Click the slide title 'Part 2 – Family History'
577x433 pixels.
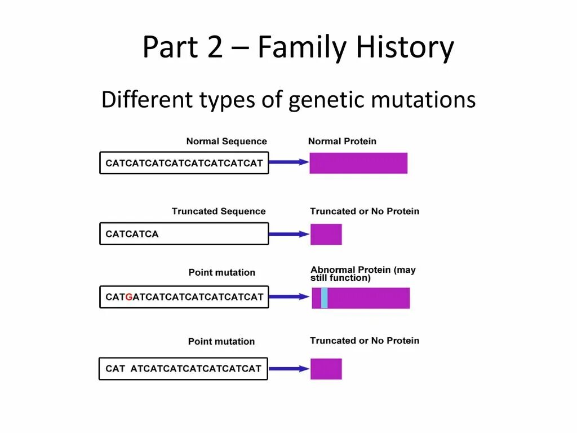coord(298,47)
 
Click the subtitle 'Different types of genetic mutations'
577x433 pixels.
coord(288,100)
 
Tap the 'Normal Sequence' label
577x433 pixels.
coord(227,142)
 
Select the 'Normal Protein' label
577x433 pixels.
coord(342,142)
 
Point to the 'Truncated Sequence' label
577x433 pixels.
coord(219,211)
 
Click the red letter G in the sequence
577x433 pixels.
coord(129,297)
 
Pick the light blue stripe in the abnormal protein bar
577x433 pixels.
coord(324,298)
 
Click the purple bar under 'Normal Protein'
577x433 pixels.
coord(358,163)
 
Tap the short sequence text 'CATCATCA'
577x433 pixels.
coord(132,234)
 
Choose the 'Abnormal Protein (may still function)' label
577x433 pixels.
coord(363,273)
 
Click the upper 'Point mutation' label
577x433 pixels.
coord(221,272)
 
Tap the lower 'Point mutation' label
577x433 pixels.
coord(221,342)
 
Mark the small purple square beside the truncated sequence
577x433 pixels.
coord(326,234)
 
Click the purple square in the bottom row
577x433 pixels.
coord(326,369)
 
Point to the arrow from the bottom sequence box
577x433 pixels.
coord(288,369)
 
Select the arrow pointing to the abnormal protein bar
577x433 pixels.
coord(290,297)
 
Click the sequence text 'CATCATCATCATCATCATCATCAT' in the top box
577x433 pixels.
coord(184,164)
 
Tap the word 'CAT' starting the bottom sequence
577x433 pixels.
coord(115,369)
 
